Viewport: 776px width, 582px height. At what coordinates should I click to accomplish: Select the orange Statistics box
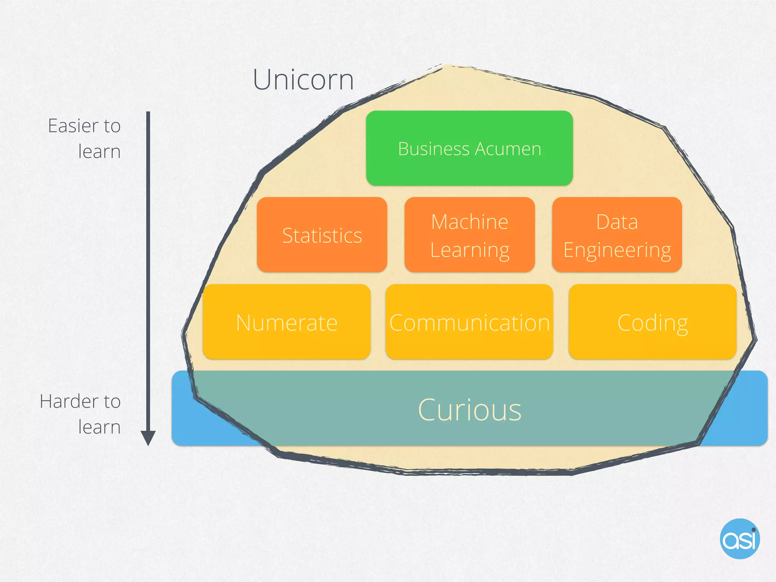tap(322, 235)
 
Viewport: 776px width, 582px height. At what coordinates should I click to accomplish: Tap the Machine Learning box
tap(469, 235)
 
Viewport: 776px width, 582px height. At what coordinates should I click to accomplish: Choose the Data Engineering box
tap(617, 235)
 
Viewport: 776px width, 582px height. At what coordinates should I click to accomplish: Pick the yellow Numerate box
tap(286, 322)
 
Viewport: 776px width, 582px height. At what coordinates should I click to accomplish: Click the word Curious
tap(469, 410)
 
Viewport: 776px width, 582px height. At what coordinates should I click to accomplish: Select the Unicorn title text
tap(303, 80)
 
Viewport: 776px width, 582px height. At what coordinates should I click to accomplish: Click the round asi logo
tap(740, 538)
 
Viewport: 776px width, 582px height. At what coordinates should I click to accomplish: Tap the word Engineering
tap(617, 250)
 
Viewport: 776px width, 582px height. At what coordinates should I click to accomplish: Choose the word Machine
tap(469, 222)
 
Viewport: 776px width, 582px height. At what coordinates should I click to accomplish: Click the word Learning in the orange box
tap(469, 250)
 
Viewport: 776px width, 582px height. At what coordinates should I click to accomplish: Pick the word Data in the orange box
tap(617, 222)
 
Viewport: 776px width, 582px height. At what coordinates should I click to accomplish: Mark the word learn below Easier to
tap(99, 152)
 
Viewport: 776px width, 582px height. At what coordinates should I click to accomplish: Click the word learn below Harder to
tap(99, 427)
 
